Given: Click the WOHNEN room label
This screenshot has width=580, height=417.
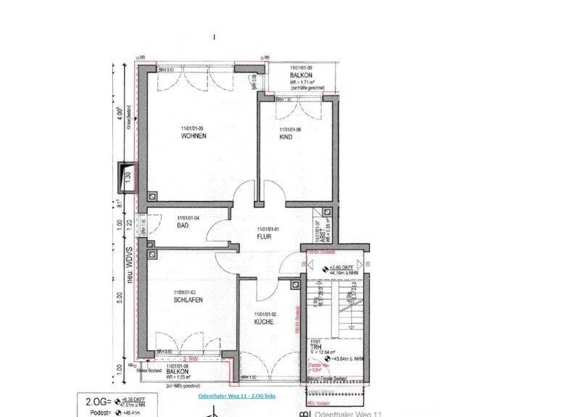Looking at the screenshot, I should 194,136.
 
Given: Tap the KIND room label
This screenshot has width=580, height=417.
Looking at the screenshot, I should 286,136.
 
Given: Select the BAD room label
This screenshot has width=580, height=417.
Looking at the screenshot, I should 183,226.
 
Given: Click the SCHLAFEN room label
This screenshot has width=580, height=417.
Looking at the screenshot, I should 188,300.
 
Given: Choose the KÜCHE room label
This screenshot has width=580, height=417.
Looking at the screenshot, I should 263,321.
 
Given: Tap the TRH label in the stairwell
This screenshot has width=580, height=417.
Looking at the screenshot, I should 316,348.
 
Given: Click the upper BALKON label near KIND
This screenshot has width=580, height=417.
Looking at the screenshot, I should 300,75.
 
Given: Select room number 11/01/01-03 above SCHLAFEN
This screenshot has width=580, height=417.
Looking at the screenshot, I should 186,292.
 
